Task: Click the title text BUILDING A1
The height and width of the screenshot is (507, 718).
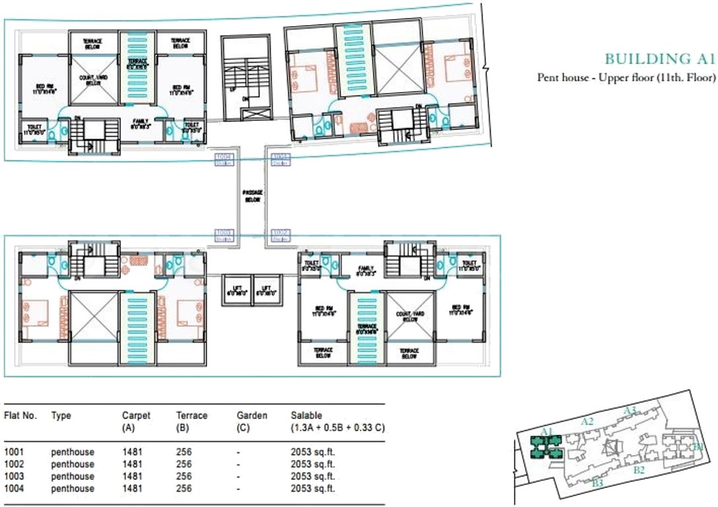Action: point(659,59)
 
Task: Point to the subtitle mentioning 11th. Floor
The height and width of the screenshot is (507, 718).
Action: point(627,78)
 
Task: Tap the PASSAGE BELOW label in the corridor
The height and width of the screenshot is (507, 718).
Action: point(252,196)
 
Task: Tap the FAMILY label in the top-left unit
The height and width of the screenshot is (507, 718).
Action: point(141,123)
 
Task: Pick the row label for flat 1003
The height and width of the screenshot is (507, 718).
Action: point(14,477)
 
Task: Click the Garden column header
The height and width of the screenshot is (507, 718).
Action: point(251,415)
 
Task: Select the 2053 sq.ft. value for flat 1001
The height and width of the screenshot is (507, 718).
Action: point(313,452)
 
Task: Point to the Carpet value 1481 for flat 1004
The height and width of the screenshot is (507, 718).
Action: point(132,489)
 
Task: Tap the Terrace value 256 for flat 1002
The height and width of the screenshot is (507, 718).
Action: point(183,465)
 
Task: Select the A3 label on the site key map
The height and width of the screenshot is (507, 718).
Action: point(630,410)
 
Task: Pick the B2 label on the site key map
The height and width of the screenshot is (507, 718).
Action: point(638,470)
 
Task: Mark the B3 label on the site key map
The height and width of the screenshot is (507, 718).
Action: point(598,484)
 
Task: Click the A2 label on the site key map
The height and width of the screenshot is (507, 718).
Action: point(587,421)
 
